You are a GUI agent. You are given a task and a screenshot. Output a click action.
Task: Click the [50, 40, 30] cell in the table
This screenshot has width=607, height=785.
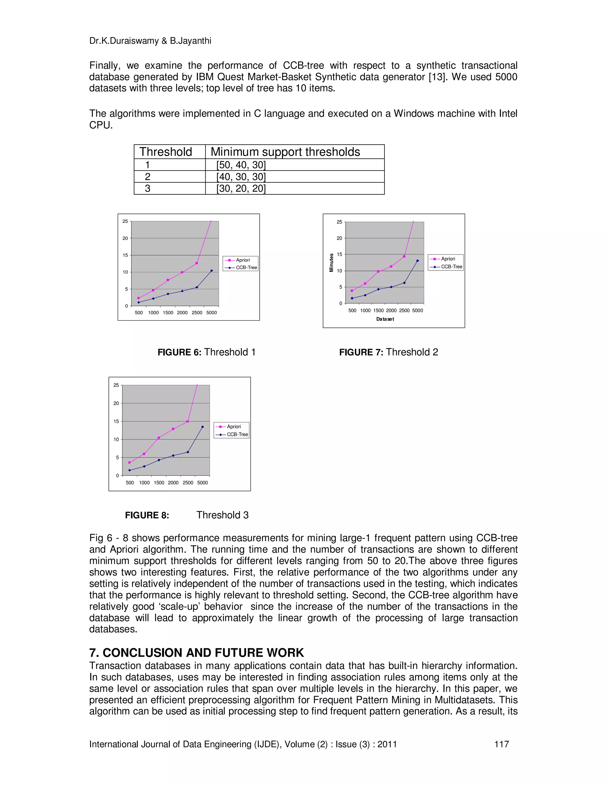(241, 165)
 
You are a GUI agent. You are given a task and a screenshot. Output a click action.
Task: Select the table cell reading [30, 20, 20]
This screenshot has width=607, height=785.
(241, 188)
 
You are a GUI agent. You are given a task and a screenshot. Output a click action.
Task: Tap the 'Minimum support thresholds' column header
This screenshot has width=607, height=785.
(285, 152)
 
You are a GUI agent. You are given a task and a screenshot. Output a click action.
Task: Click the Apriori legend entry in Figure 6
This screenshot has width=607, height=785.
(242, 260)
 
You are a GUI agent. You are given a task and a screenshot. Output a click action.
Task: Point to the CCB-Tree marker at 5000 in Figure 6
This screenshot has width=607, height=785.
(211, 271)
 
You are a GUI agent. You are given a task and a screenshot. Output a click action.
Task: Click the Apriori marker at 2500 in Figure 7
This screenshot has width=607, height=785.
(404, 256)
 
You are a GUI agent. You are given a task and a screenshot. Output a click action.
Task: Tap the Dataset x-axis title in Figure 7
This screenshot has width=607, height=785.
(385, 319)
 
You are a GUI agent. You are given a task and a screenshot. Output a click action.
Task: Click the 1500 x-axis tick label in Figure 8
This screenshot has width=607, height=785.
(159, 483)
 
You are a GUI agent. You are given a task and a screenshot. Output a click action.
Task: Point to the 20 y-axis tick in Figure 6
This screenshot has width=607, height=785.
(125, 238)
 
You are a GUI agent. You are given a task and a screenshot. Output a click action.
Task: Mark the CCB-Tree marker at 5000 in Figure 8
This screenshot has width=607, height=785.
(202, 427)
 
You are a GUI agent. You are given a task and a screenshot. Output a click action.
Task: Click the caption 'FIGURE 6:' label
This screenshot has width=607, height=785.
(179, 352)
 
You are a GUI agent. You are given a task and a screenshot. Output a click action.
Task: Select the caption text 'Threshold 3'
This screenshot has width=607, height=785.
(222, 515)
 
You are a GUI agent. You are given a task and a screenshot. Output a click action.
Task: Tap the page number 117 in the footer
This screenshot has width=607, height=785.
(502, 744)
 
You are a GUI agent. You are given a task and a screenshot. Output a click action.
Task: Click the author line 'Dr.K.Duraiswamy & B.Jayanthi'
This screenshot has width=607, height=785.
(150, 41)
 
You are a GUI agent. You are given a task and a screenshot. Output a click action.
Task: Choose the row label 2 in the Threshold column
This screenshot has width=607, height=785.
(147, 177)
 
